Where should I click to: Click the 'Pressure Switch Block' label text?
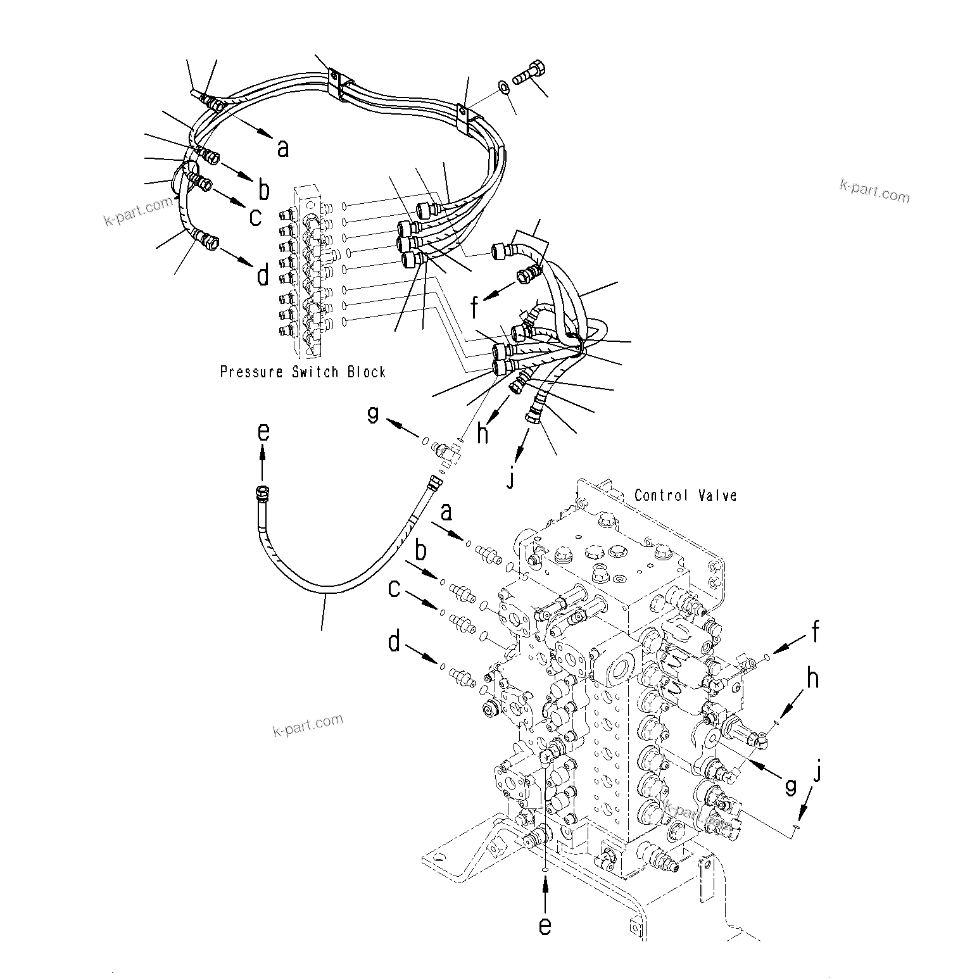pyautogui.click(x=303, y=372)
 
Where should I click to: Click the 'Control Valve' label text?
pyautogui.click(x=686, y=495)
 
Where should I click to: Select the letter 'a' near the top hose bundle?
pyautogui.click(x=283, y=148)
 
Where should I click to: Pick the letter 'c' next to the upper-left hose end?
pyautogui.click(x=255, y=217)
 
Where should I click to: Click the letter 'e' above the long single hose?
pyautogui.click(x=263, y=432)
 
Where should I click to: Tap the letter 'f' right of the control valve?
pyautogui.click(x=816, y=631)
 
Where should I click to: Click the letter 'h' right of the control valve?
pyautogui.click(x=813, y=679)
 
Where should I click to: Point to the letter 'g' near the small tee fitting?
pyautogui.click(x=373, y=415)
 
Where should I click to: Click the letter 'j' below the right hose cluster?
pyautogui.click(x=510, y=479)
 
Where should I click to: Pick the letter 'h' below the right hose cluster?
pyautogui.click(x=483, y=433)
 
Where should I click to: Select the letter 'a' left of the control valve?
pyautogui.click(x=446, y=512)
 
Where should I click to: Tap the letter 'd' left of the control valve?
pyautogui.click(x=394, y=643)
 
